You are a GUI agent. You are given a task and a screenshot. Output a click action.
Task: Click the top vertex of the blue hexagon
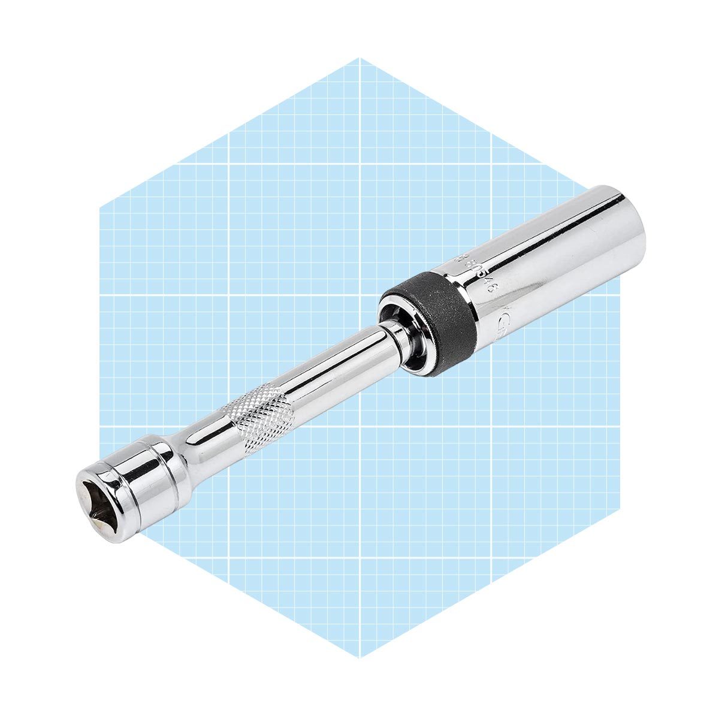359,58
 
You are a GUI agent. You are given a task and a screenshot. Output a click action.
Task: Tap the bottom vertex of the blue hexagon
359,657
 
